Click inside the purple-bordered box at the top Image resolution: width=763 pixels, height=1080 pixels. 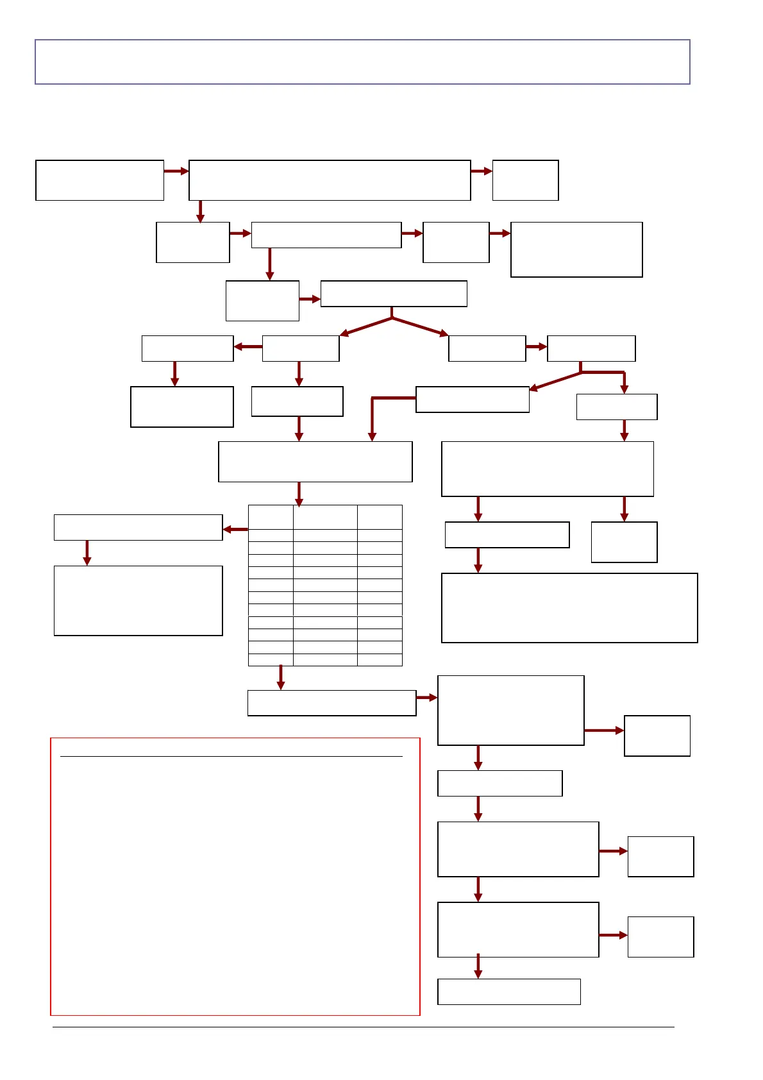click(x=362, y=62)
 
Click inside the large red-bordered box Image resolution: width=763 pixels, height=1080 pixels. click(x=235, y=885)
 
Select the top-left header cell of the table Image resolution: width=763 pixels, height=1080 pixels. click(x=271, y=517)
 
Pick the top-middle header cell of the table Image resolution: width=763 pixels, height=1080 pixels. click(x=325, y=517)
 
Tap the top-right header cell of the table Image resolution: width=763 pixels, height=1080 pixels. click(x=380, y=517)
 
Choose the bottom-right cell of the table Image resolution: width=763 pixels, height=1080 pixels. click(x=380, y=660)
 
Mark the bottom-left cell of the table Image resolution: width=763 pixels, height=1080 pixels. click(x=271, y=660)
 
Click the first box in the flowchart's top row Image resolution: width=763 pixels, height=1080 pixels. click(x=99, y=180)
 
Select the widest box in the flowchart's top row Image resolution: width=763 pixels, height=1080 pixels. click(x=330, y=180)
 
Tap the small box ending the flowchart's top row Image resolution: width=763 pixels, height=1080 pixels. click(x=525, y=180)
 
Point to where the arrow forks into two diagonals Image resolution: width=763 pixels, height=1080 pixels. click(x=392, y=317)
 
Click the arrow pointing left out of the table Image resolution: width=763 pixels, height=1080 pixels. click(x=235, y=530)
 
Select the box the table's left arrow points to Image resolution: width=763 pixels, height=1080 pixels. click(x=138, y=527)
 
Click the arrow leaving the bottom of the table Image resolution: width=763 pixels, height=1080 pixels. click(x=280, y=677)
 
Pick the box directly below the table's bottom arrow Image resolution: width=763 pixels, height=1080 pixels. click(x=331, y=703)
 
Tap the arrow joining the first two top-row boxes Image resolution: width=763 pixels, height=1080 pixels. click(x=176, y=171)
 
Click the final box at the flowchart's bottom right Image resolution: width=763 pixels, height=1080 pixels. click(x=508, y=991)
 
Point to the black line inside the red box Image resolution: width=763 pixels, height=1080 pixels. click(x=231, y=757)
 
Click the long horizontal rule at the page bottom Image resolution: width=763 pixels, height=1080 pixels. click(x=363, y=1027)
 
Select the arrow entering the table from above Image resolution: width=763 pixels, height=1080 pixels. click(x=299, y=494)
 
